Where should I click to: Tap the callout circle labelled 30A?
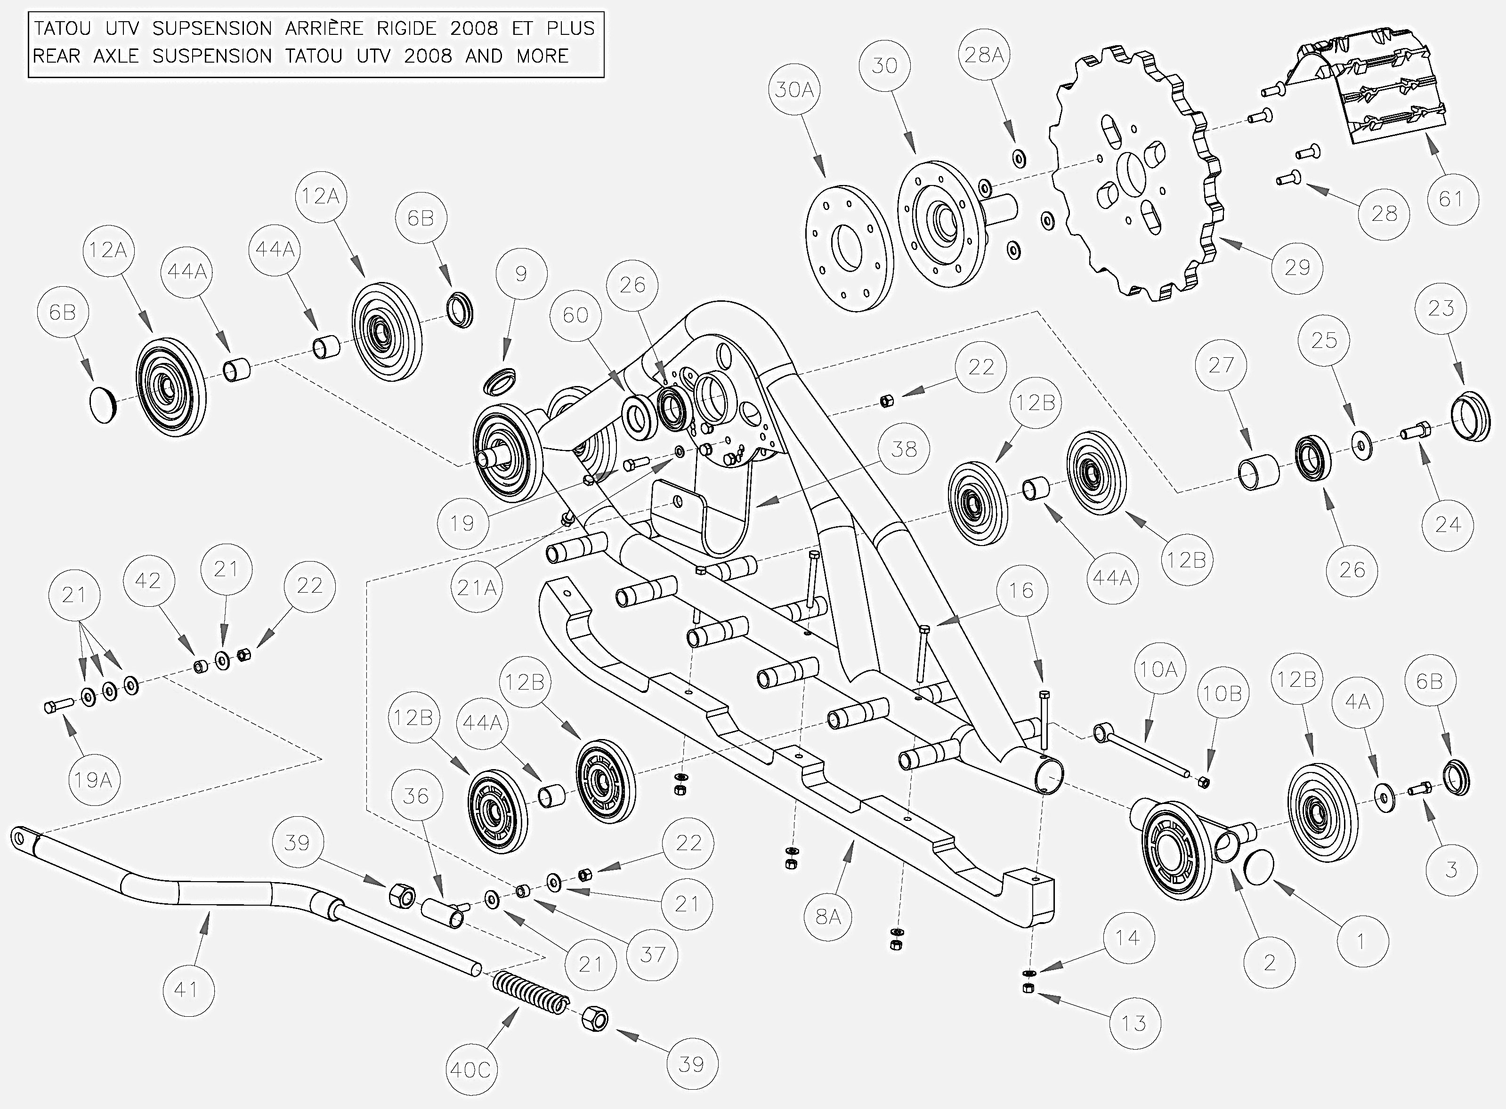pos(794,90)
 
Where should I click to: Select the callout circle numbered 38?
pos(904,449)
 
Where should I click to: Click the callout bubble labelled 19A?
pos(93,780)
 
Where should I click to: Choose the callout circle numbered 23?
pos(1441,308)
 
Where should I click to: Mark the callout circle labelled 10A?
pos(1159,669)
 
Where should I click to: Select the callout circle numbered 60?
pos(575,315)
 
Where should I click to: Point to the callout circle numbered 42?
pos(148,581)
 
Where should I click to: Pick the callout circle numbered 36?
pos(416,796)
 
